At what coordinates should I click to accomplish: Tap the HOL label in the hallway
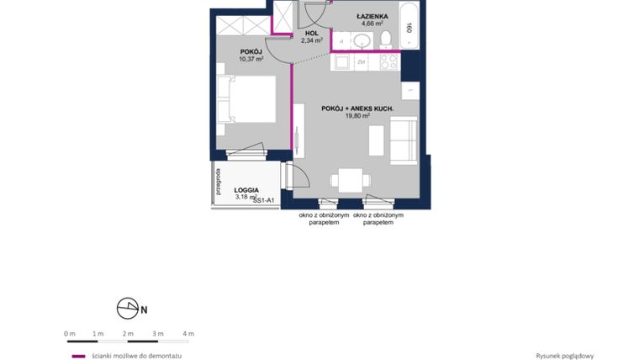coord(312,33)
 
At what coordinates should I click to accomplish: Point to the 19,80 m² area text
coord(357,116)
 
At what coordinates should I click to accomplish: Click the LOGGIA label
coord(246,190)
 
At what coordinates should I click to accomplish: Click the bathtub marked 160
coord(409,27)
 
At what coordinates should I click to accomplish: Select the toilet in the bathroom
coord(386,39)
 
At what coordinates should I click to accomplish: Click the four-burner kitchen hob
coord(388,61)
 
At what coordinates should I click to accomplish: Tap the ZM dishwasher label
coord(362,62)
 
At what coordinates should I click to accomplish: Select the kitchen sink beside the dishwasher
coord(341,61)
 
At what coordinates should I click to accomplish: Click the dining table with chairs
coord(349,179)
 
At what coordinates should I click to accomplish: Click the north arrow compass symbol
coord(128,310)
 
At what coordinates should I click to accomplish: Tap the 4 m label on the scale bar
coord(188,334)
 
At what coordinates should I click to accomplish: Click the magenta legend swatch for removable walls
coord(78,356)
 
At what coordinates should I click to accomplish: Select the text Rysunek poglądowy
coord(565,356)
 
